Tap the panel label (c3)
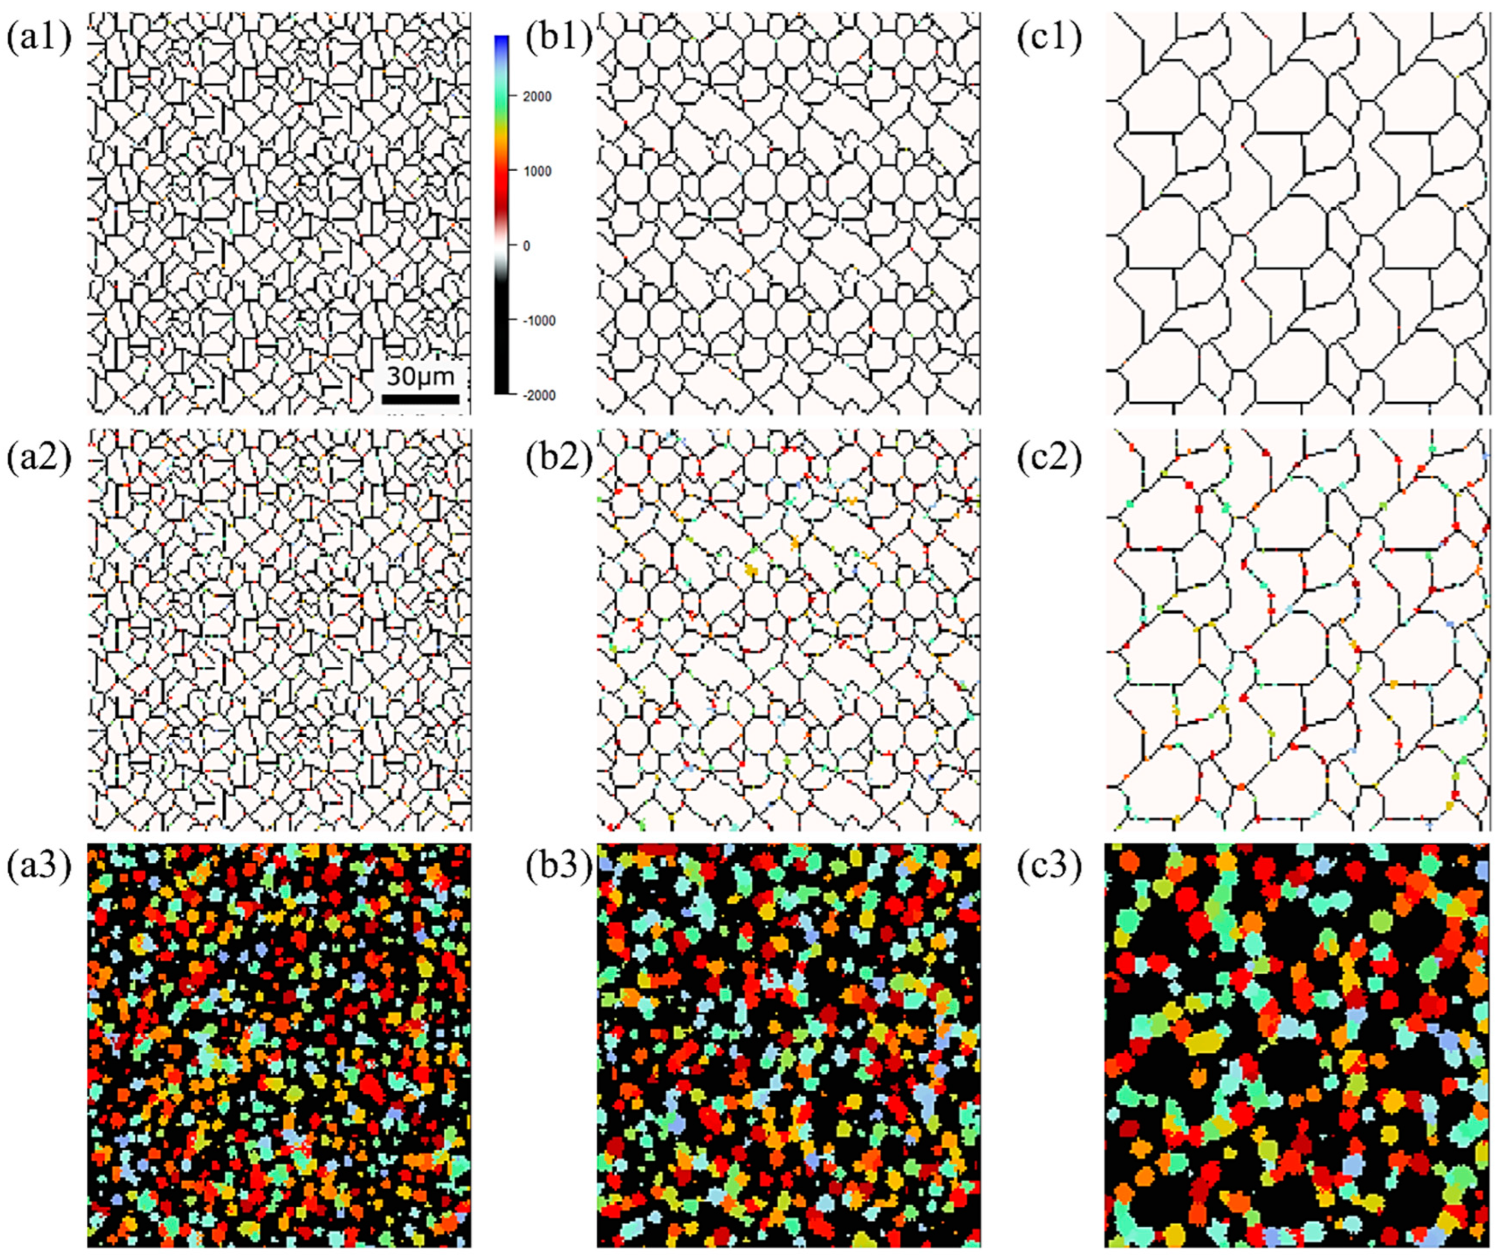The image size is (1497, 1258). (1050, 873)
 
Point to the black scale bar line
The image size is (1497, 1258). (420, 398)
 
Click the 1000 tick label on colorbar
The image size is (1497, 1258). (537, 172)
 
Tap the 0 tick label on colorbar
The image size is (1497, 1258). (527, 246)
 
